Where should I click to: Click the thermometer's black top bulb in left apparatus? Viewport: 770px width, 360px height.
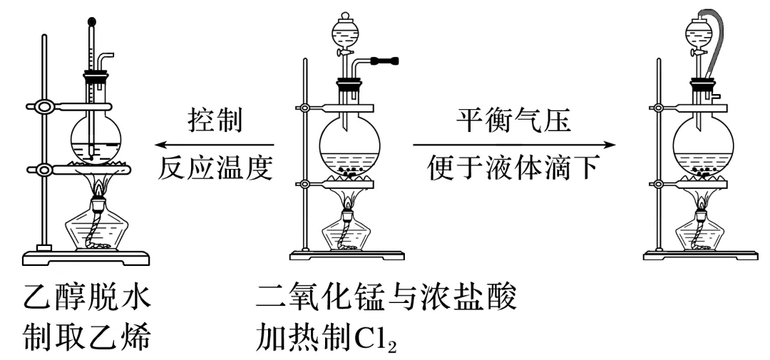[x=91, y=21]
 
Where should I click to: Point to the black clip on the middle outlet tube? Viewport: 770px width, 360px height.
[x=386, y=62]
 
